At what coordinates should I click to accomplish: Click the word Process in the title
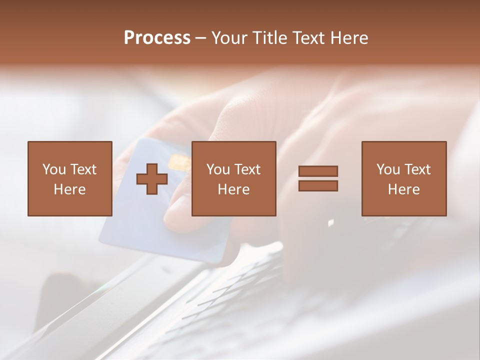157,38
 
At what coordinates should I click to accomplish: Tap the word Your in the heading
230,38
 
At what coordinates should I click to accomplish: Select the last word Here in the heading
349,38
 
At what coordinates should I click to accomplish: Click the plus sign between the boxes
152,178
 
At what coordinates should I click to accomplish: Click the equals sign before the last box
318,178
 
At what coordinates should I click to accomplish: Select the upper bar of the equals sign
318,171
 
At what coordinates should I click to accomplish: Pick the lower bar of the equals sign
318,185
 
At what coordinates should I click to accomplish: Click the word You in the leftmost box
54,169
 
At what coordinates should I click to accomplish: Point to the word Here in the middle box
233,189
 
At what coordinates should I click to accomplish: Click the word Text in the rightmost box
417,169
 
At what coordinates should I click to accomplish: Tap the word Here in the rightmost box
403,189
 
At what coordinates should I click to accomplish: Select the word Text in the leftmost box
83,169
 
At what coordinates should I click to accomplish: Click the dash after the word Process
201,38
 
